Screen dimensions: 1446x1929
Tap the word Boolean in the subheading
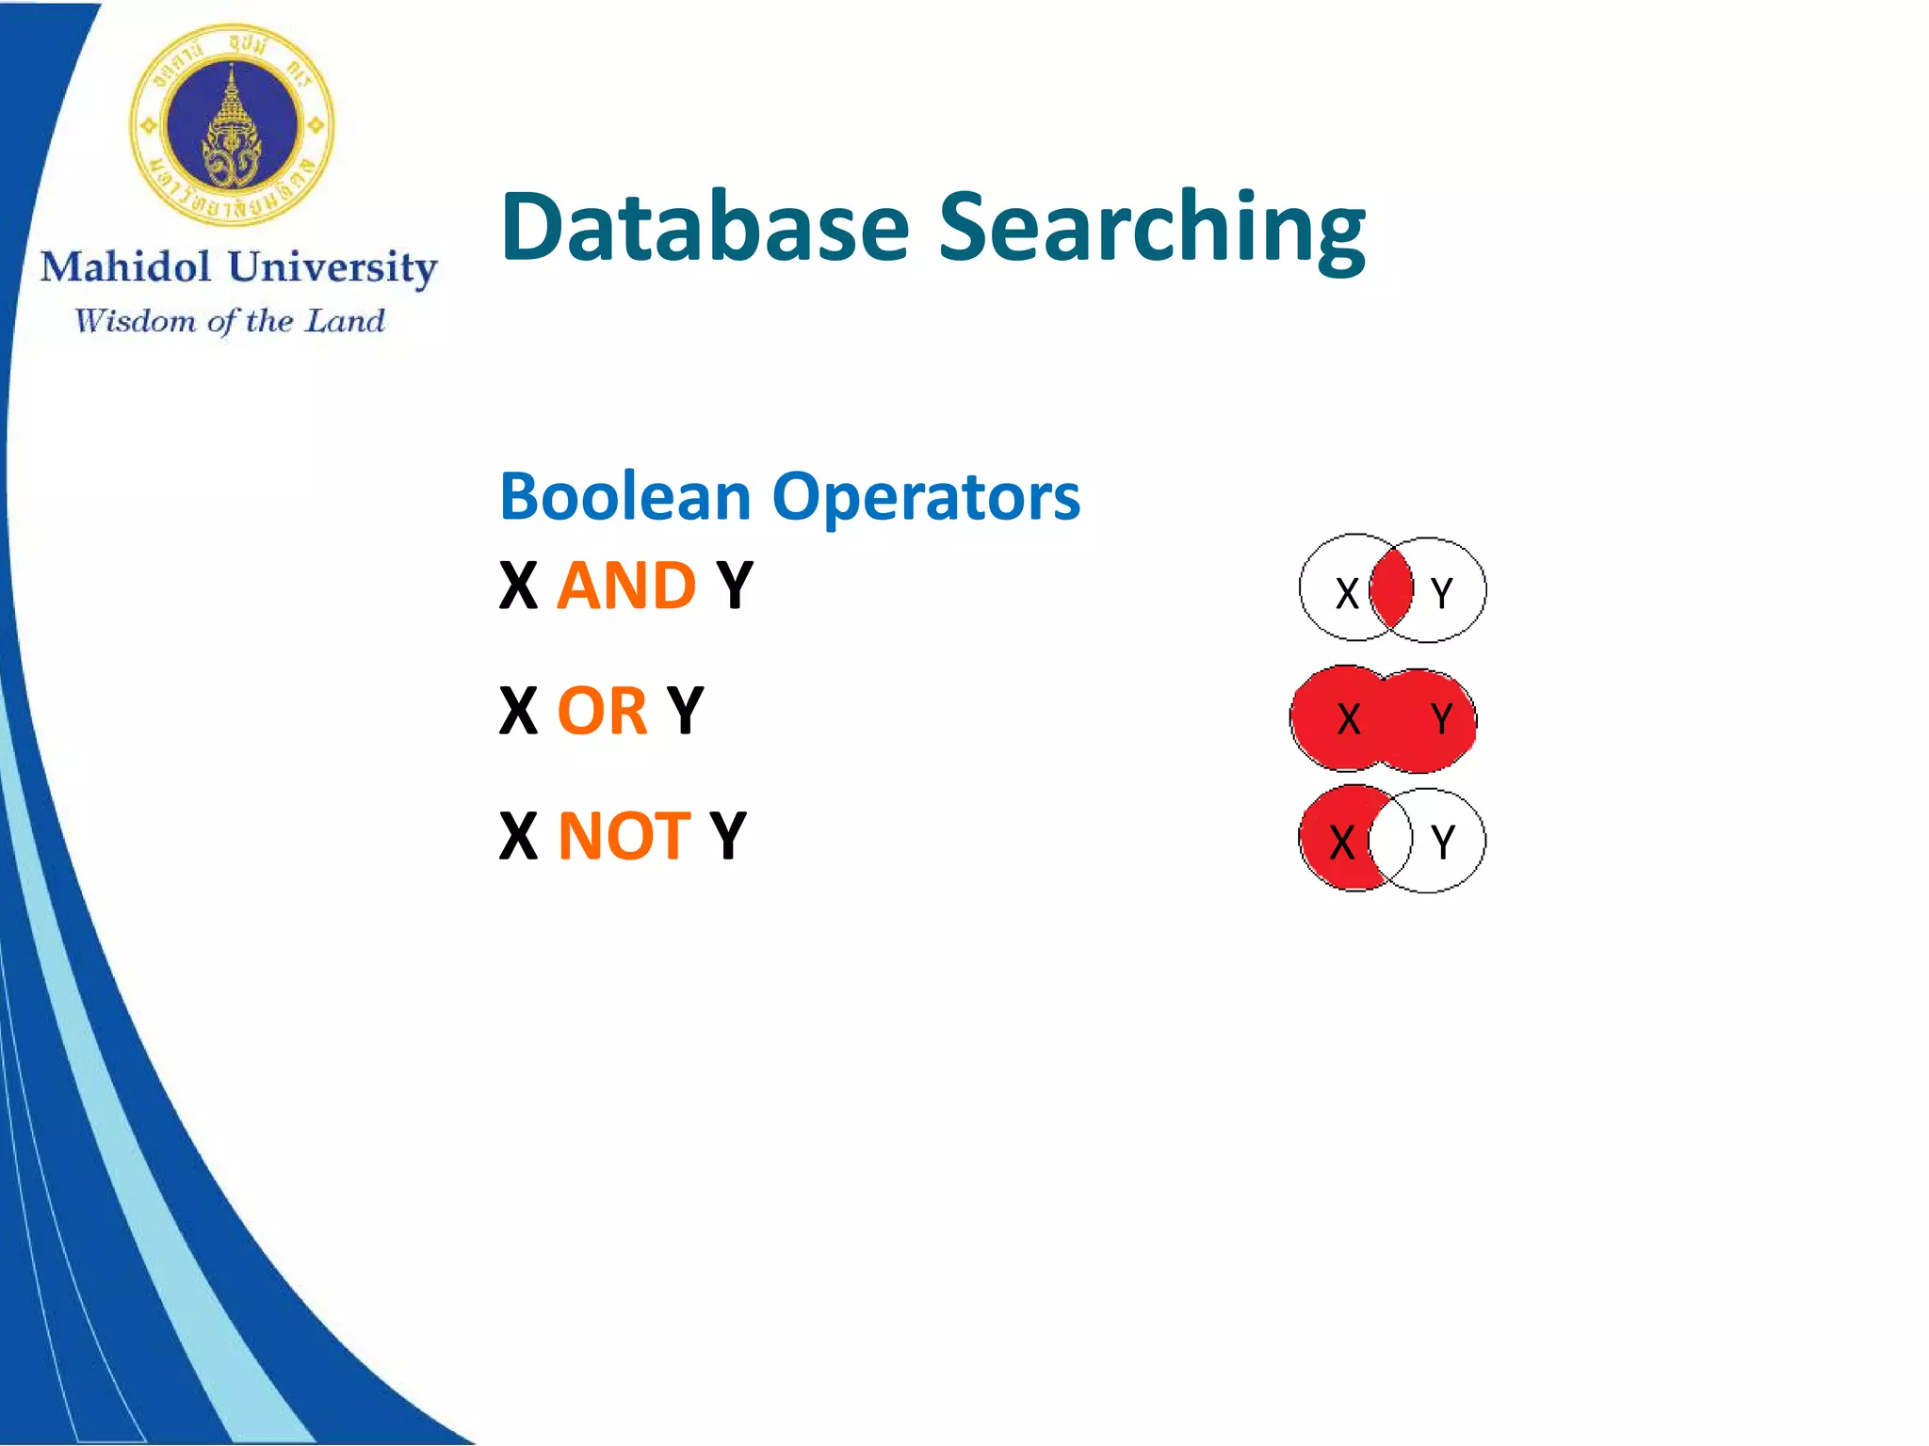point(624,496)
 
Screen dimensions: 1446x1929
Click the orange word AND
point(626,586)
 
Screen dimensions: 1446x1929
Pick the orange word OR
point(602,711)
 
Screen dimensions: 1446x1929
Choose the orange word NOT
point(624,836)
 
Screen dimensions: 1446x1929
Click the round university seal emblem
point(232,125)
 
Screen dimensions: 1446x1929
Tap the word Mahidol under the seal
point(125,267)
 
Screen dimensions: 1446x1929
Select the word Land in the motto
point(346,321)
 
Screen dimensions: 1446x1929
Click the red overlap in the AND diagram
point(1391,589)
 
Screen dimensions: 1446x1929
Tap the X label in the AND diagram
point(1348,593)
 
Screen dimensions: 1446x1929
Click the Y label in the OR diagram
point(1441,719)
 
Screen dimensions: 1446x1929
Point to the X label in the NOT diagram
point(1342,843)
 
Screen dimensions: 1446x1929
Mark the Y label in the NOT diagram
point(1442,842)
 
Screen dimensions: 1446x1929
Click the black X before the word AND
point(518,586)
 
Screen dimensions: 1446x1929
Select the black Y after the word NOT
point(728,836)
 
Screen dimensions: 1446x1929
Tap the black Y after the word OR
point(685,711)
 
